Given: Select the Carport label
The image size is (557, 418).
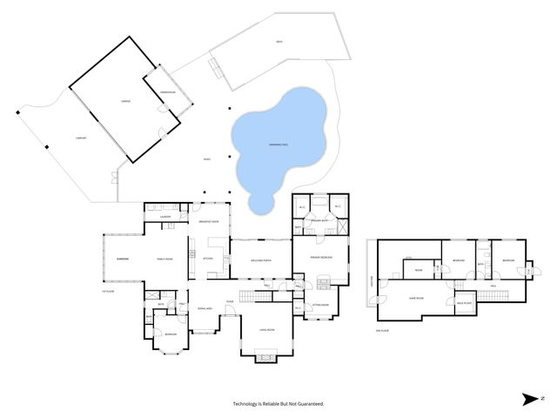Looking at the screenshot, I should click(x=56, y=137).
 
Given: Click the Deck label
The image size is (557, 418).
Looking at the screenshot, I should click(x=278, y=43).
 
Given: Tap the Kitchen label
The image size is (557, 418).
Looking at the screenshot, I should click(x=208, y=259).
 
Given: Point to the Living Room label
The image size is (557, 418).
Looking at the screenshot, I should click(x=267, y=330).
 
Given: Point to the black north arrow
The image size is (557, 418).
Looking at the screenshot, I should click(x=530, y=399).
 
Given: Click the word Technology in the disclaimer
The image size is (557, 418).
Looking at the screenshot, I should click(x=247, y=404).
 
